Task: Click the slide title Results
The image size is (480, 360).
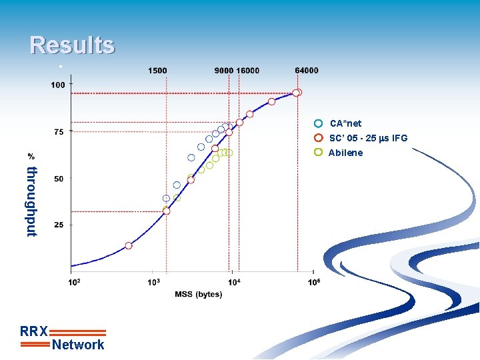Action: coord(72,45)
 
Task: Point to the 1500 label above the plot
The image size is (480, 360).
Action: coord(157,71)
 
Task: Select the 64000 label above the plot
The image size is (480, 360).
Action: coord(307,71)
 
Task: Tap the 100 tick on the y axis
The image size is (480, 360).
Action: coord(58,85)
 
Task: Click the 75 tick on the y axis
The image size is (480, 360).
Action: coord(59,132)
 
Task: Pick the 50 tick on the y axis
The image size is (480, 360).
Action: coord(59,179)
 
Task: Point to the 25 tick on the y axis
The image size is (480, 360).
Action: coord(59,225)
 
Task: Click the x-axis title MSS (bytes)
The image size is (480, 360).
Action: coord(199,295)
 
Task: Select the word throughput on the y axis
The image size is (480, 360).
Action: coord(31,201)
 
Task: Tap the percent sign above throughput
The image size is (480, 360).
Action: coord(31,155)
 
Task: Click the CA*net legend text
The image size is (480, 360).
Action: coord(345,123)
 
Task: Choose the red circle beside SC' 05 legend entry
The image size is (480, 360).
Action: coord(319,138)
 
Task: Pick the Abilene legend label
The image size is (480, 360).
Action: coord(345,153)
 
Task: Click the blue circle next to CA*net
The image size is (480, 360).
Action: coord(319,123)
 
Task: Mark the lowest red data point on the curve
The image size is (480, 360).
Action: coord(129,245)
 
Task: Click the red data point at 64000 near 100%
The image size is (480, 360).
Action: coord(297,93)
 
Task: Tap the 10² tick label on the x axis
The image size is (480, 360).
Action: coord(74,283)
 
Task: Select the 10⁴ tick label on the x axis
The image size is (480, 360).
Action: coord(234,283)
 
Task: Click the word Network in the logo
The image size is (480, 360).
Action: coord(78,345)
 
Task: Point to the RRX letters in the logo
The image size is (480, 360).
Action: coord(34,331)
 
